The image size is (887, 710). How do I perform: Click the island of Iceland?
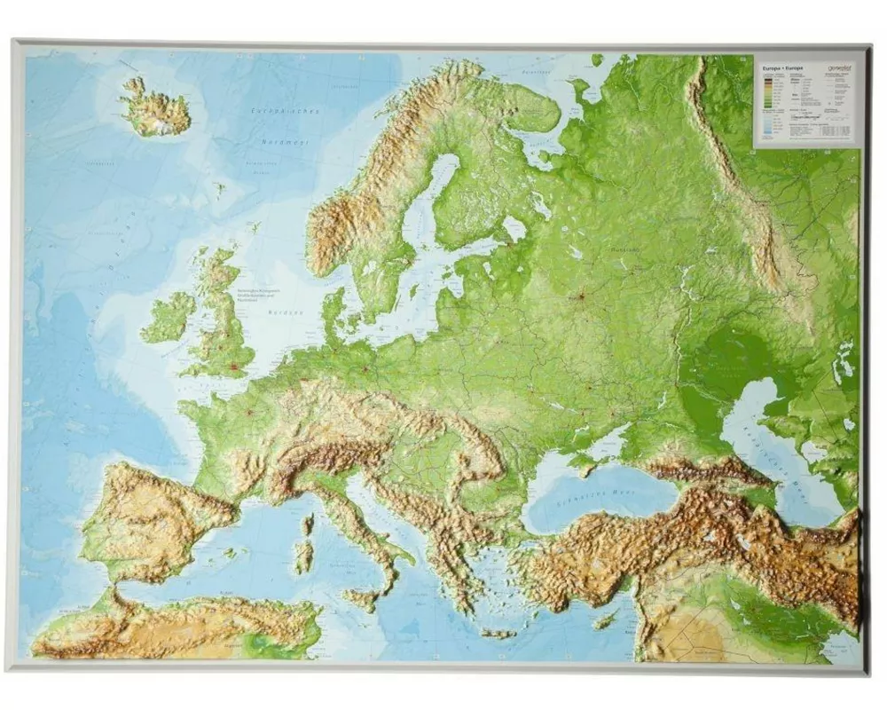point(155,111)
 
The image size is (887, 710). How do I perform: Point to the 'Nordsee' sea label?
point(286,312)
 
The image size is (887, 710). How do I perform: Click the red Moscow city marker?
point(582,297)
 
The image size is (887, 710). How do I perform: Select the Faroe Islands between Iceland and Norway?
point(219,188)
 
